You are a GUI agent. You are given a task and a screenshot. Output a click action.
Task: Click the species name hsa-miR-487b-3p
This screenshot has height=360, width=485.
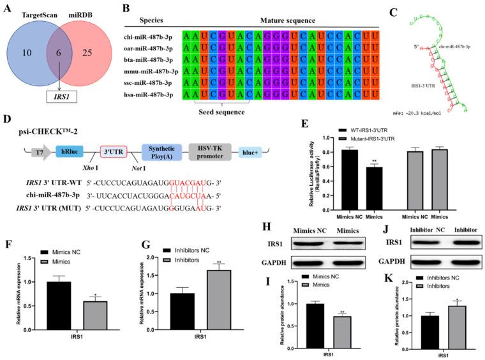coord(151,95)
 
